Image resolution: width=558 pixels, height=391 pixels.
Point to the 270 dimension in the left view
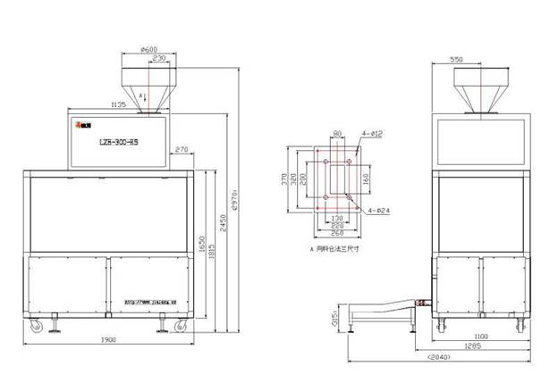[181, 149]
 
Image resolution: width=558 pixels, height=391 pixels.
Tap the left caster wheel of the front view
[37, 328]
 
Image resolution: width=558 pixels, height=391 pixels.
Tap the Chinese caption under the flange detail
[334, 250]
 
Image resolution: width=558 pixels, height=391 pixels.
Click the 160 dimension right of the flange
[366, 178]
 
